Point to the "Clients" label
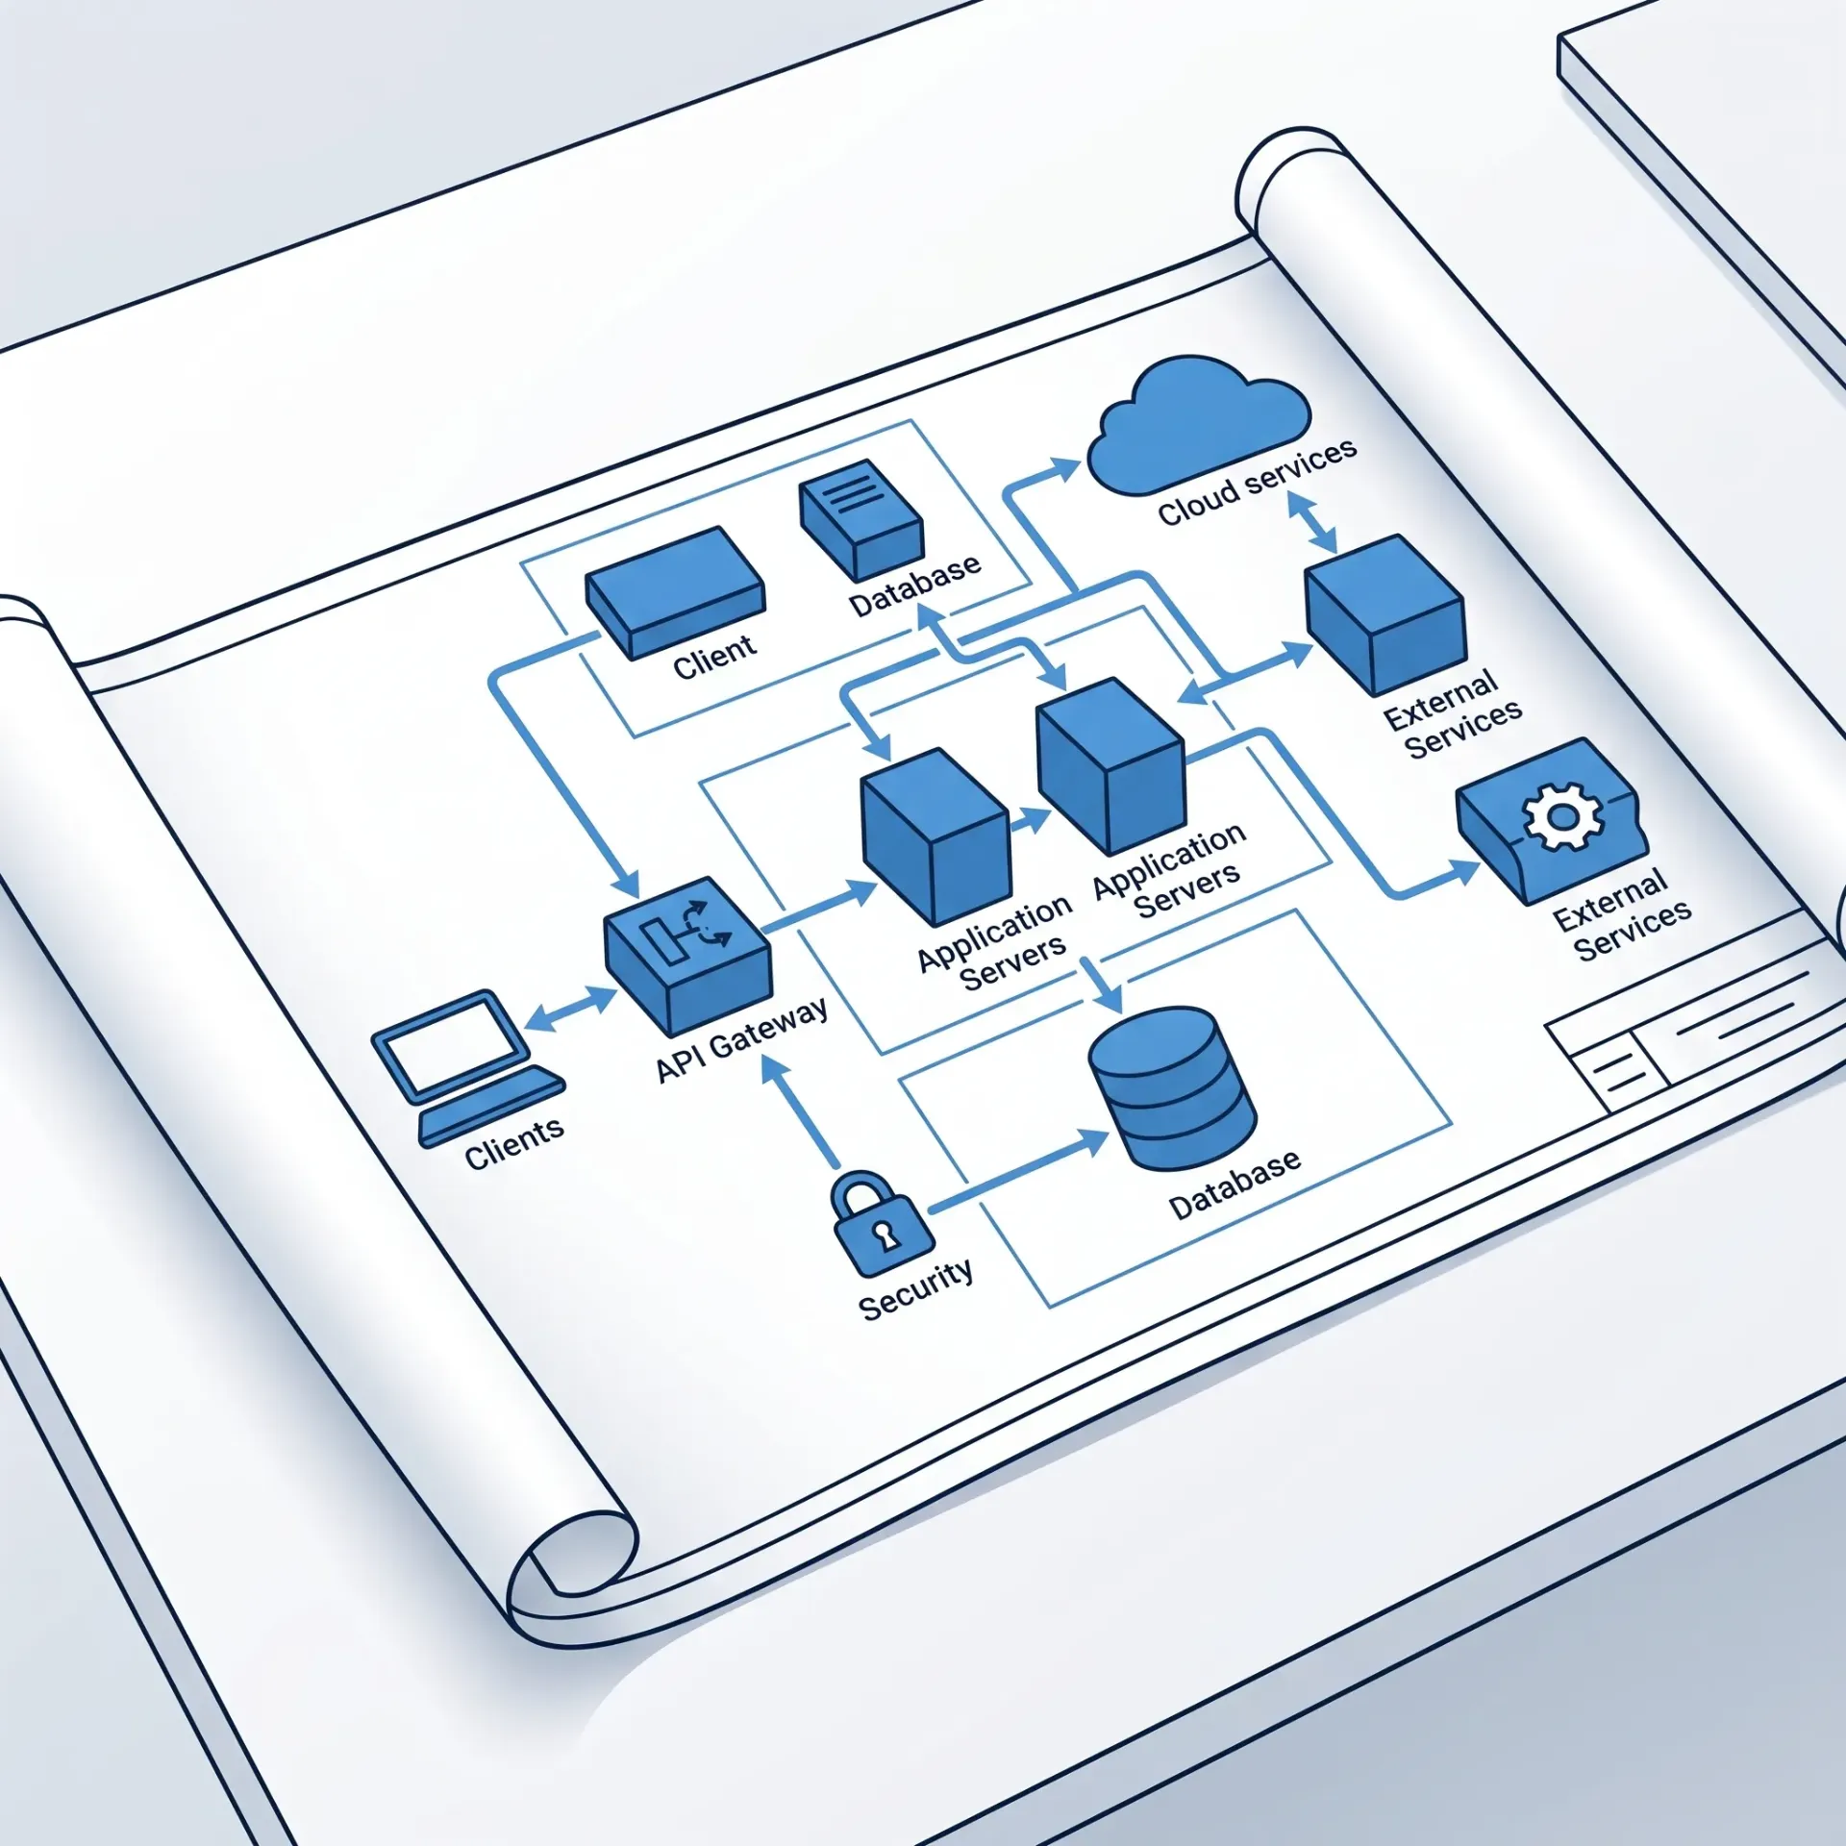tap(514, 1141)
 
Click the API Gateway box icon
tap(687, 956)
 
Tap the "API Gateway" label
tap(741, 1039)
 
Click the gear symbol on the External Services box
tap(1562, 816)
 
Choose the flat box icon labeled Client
tap(675, 590)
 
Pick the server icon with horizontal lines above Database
tap(861, 519)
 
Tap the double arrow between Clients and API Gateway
tap(571, 1008)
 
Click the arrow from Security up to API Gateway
tap(801, 1110)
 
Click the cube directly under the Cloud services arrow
tap(1385, 615)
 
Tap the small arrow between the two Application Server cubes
tap(1031, 821)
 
